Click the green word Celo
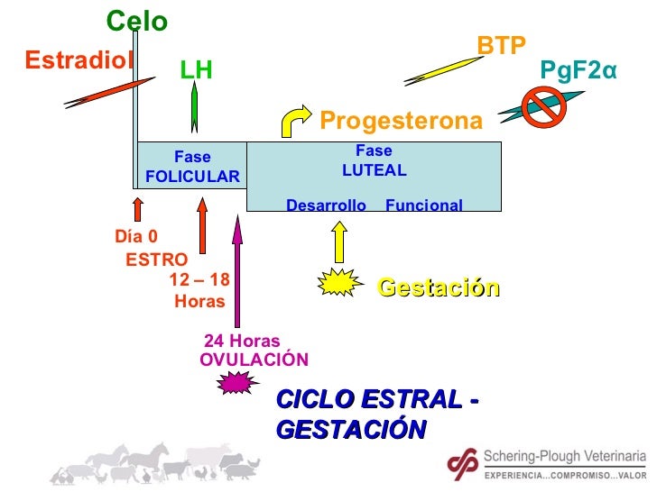coord(137,21)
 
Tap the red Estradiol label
coord(79,59)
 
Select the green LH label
coord(196,70)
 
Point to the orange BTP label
coord(502,45)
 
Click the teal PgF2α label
coord(578,70)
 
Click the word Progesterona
coord(402,121)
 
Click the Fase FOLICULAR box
coord(192,167)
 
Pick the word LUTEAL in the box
coord(374,170)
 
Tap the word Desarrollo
coord(326,205)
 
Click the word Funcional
coord(423,205)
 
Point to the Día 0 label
coord(136,237)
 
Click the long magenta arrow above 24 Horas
coord(237,270)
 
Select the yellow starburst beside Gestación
coord(339,285)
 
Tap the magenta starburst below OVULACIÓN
coord(236,383)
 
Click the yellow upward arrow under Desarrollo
coord(339,241)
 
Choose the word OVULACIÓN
coord(254,360)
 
